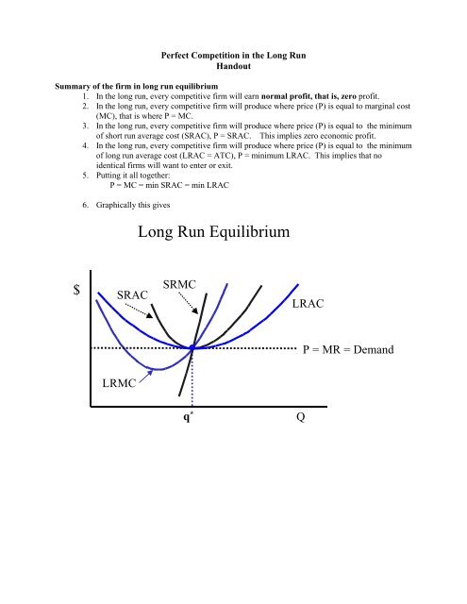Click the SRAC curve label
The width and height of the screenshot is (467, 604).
coord(134,295)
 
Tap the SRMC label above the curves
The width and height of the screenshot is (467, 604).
coord(180,284)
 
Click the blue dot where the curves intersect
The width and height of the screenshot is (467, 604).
coord(192,347)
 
